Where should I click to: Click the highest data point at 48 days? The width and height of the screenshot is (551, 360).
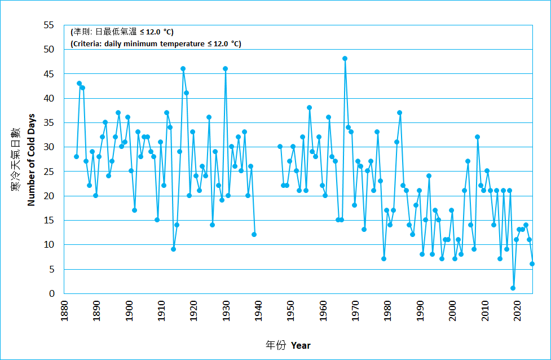click(345, 59)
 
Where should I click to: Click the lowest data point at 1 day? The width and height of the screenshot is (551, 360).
click(513, 288)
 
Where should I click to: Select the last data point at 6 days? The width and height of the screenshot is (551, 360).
click(532, 264)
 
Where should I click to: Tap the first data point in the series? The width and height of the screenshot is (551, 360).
click(76, 156)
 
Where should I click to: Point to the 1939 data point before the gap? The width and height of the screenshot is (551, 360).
click(254, 235)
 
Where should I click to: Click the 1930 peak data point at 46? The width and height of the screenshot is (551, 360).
click(225, 69)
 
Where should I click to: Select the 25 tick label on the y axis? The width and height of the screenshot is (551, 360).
click(50, 172)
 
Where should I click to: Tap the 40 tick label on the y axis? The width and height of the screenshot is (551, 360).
click(50, 98)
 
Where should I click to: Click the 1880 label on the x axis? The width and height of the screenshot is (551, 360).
click(63, 310)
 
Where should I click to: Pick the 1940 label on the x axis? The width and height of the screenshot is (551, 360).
click(258, 310)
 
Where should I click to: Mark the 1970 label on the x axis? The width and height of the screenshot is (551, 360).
click(355, 310)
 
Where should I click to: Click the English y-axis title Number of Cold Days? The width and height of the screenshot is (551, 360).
click(32, 160)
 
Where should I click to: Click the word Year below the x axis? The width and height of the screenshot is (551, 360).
click(301, 345)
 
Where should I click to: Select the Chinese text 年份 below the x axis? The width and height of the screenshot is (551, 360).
click(276, 345)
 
